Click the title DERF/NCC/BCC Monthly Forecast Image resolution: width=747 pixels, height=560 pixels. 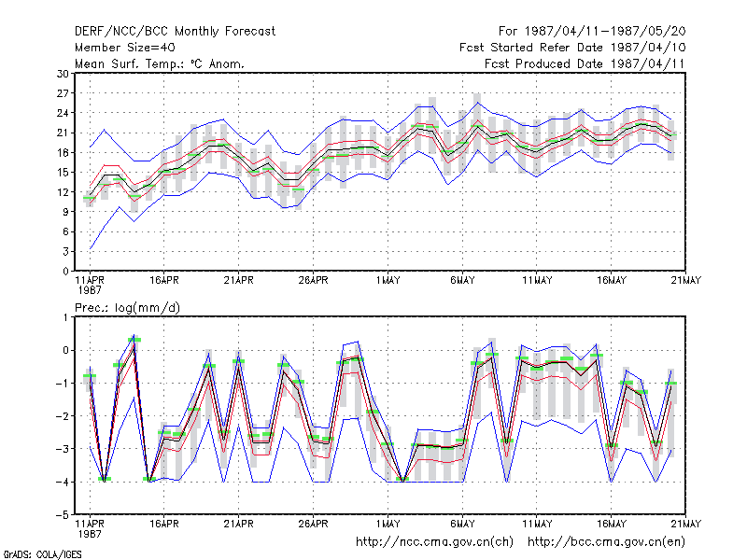point(175,32)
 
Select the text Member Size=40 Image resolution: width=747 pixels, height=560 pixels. point(125,48)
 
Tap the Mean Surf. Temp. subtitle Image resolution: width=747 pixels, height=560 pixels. point(159,63)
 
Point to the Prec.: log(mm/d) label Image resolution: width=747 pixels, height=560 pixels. point(127,308)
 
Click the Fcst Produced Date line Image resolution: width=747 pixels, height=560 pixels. point(585,63)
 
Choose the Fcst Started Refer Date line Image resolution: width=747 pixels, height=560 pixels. point(572,48)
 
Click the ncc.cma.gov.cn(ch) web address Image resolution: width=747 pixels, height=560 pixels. point(434,542)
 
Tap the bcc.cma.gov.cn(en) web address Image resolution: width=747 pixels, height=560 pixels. point(606,542)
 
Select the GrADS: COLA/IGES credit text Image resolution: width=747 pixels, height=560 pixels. point(42,554)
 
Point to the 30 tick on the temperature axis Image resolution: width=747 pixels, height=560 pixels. point(63,74)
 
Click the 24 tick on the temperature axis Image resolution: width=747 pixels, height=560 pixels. point(63,113)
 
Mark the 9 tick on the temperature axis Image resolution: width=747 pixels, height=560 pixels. point(65,212)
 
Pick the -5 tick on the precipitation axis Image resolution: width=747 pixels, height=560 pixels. point(63,515)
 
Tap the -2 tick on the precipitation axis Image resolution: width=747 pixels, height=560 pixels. point(63,416)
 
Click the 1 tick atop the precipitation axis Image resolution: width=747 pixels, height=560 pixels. point(66,317)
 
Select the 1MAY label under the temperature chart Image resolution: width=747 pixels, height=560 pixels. point(388,281)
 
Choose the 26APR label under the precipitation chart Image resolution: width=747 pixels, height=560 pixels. point(313,524)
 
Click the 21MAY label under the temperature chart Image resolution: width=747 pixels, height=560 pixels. point(686,281)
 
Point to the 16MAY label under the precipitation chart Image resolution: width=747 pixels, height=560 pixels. point(612,524)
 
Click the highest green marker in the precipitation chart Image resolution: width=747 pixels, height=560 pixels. point(134,340)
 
